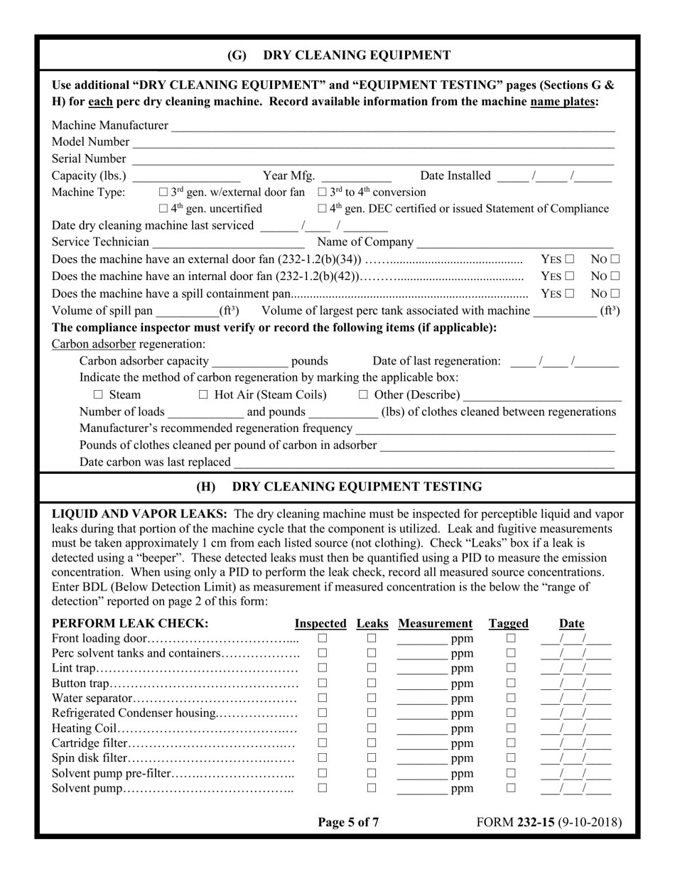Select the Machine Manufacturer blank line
coord(392,126)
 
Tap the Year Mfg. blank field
coord(359,176)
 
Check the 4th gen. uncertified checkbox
coord(163,209)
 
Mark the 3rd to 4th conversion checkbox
coord(322,193)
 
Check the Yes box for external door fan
coord(570,259)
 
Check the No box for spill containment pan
coord(615,293)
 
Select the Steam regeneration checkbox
coord(99,395)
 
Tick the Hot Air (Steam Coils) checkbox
coord(203,395)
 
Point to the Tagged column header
coord(509,624)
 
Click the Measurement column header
coord(435,624)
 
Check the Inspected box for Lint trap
coord(322,668)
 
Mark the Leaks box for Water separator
coord(371,698)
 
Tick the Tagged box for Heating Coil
coord(510,728)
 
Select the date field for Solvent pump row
coord(575,788)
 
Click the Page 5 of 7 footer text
coord(348,823)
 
